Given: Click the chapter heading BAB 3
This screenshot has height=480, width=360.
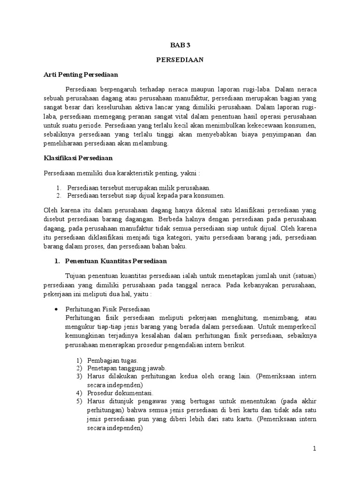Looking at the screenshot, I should (180, 45).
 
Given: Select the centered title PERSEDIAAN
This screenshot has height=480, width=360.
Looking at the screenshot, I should (180, 60).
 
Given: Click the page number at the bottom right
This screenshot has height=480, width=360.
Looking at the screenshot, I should (315, 448).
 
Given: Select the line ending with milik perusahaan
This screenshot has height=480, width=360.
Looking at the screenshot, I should (139, 187).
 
